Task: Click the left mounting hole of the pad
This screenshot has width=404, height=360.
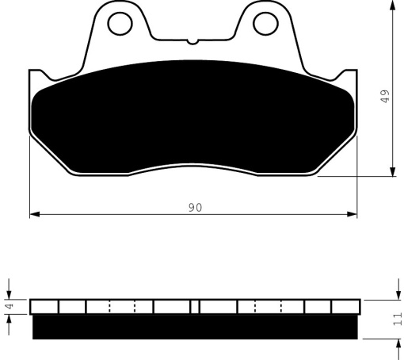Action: click(120, 24)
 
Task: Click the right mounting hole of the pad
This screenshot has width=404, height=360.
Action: click(265, 24)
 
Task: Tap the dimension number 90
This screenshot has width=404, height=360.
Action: click(196, 208)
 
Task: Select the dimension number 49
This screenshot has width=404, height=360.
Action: click(385, 96)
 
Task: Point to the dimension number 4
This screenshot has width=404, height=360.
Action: click(10, 307)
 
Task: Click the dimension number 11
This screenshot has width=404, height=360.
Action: click(398, 319)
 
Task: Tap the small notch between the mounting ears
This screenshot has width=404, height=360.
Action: click(192, 42)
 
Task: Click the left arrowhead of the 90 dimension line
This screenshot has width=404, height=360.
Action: click(35, 214)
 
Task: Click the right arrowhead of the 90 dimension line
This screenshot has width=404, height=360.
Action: click(352, 214)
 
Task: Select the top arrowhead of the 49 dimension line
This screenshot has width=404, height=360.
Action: click(393, 6)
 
